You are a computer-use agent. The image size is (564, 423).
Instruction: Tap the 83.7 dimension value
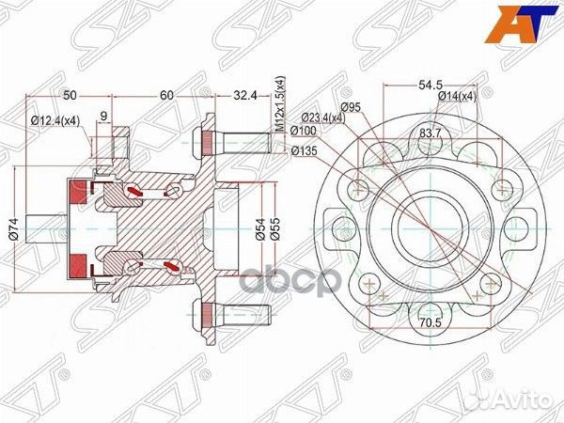coord(431,133)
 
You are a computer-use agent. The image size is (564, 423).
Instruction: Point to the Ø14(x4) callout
coord(457,96)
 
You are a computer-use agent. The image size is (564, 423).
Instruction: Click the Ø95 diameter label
coord(352,106)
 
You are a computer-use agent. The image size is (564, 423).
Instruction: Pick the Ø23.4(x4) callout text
coord(323,117)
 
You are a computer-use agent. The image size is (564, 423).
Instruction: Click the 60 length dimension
coord(165,96)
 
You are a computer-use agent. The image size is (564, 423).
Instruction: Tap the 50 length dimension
coord(70,96)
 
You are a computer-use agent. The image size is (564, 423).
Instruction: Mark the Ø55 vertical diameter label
coord(275,227)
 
